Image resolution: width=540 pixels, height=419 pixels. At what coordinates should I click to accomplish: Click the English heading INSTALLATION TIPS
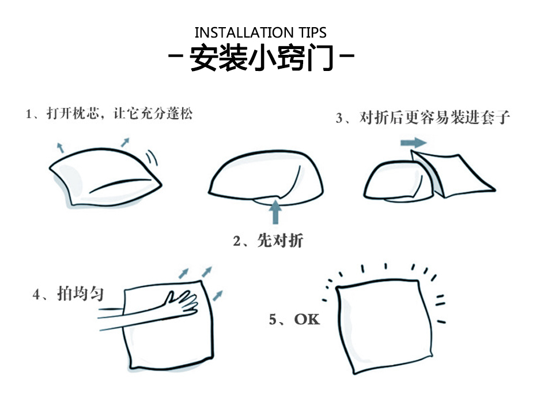(260, 32)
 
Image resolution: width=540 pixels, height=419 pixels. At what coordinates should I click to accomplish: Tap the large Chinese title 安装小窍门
(262, 57)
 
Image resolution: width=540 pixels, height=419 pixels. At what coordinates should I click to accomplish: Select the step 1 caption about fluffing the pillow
(109, 114)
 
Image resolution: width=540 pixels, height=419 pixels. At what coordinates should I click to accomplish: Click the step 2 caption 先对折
(269, 241)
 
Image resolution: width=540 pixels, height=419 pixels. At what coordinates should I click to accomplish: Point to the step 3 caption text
(423, 118)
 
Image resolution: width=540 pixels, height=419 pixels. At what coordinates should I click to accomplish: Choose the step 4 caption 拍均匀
(68, 294)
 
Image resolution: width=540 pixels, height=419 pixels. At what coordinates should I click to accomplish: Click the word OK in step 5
(307, 319)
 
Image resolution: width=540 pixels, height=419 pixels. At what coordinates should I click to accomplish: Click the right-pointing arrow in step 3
(414, 143)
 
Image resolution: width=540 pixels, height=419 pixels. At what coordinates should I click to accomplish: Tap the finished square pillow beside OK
(384, 326)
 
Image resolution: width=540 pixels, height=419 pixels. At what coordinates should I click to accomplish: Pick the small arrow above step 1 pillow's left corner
(61, 147)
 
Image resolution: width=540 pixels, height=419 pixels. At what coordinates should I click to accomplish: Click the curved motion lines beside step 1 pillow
(152, 158)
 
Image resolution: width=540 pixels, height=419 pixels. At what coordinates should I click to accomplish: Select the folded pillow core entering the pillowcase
(398, 181)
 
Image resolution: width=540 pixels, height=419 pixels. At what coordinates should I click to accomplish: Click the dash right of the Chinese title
(347, 55)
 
